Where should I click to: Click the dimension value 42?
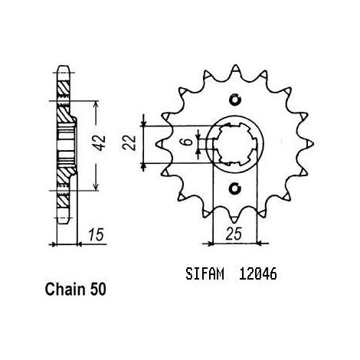pyautogui.click(x=100, y=143)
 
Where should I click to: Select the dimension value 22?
pyautogui.click(x=129, y=142)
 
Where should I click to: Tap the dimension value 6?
pyautogui.click(x=188, y=141)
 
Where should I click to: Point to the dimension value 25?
pyautogui.click(x=234, y=234)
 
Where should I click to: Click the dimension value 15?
pyautogui.click(x=96, y=235)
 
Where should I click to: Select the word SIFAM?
pyautogui.click(x=205, y=274)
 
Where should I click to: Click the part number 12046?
pyautogui.click(x=257, y=274)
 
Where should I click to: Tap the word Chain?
pyautogui.click(x=65, y=290)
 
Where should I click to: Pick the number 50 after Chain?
pyautogui.click(x=97, y=290)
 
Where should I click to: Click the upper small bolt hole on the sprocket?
pyautogui.click(x=235, y=100)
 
